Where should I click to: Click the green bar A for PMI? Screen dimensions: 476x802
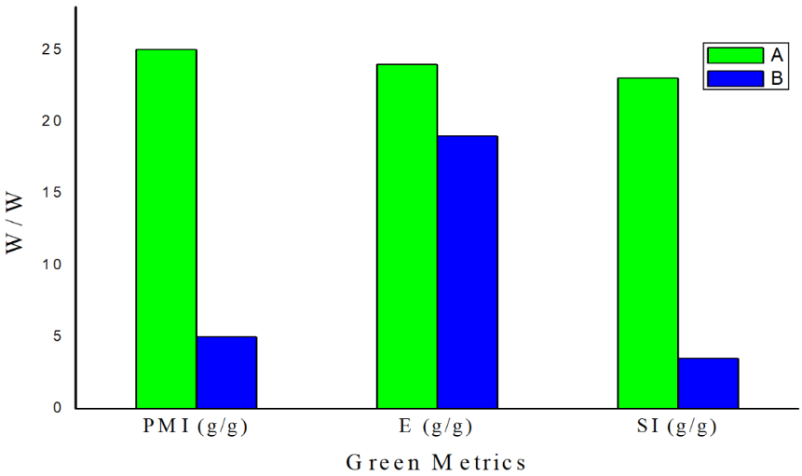pos(166,228)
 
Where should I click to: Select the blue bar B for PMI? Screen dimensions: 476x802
pos(226,372)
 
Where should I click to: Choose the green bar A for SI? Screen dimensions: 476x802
pos(648,242)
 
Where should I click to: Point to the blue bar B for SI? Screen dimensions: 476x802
pos(708,383)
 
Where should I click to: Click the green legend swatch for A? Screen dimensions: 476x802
pos(734,54)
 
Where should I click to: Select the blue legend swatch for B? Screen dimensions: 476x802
pos(734,78)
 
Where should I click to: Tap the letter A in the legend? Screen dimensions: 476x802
pos(775,54)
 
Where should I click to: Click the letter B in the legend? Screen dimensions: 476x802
pos(775,78)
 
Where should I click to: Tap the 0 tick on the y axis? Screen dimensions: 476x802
pos(58,408)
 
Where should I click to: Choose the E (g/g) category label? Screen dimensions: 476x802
pos(435,428)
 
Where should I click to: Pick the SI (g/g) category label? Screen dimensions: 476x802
pos(677,428)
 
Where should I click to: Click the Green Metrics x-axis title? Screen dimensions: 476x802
pos(436,462)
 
